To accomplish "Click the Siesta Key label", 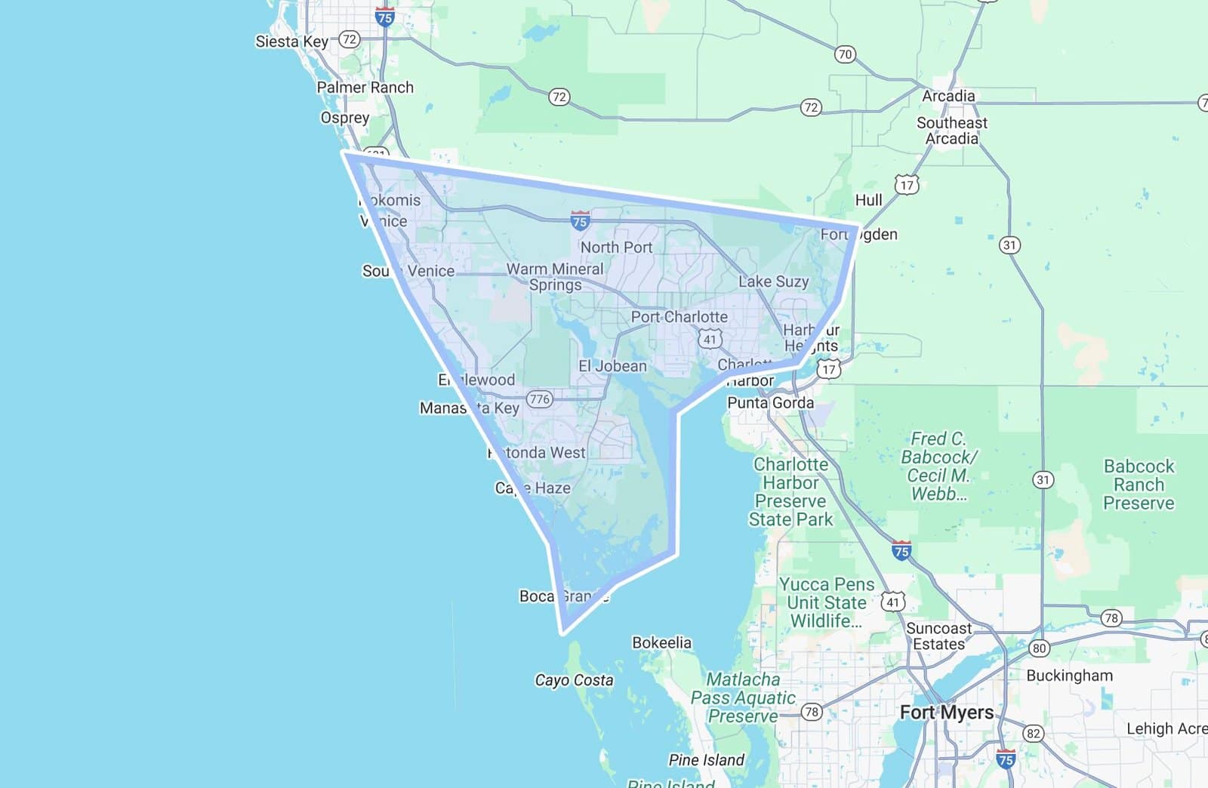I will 291,42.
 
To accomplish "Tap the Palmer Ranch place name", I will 365,88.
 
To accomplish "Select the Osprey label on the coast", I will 345,118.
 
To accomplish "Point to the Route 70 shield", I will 845,54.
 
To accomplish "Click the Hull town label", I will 868,200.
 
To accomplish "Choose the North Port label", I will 616,247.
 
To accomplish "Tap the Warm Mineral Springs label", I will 555,277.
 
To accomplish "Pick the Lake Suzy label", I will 773,282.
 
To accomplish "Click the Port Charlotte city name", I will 679,317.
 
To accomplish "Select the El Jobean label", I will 612,366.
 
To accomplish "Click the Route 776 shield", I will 539,399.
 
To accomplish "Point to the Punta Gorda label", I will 770,403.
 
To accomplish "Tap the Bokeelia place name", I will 661,642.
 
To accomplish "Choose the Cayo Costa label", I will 574,680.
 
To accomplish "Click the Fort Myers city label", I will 947,713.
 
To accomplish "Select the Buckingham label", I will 1069,676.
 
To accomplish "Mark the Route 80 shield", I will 1040,648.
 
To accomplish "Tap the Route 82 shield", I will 1033,733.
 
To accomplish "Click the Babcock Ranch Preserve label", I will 1139,485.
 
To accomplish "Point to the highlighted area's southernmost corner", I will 562,633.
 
